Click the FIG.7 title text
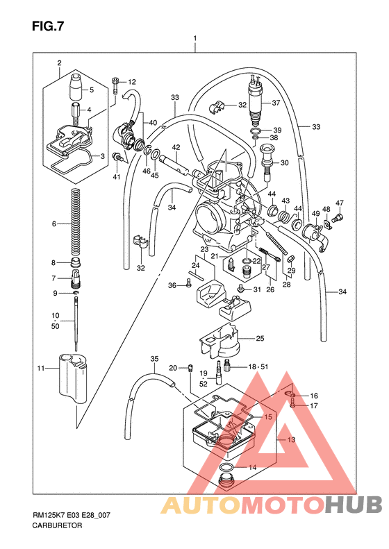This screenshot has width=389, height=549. click(47, 27)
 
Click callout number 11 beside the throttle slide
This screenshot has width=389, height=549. click(41, 367)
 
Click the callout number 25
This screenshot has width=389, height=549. click(260, 339)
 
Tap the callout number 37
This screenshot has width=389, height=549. click(276, 103)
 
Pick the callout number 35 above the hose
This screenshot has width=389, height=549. click(154, 358)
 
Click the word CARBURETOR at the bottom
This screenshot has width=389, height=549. click(57, 527)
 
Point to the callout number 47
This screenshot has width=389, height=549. click(340, 203)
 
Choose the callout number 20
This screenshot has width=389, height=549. click(174, 367)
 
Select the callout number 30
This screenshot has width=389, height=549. click(284, 163)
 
